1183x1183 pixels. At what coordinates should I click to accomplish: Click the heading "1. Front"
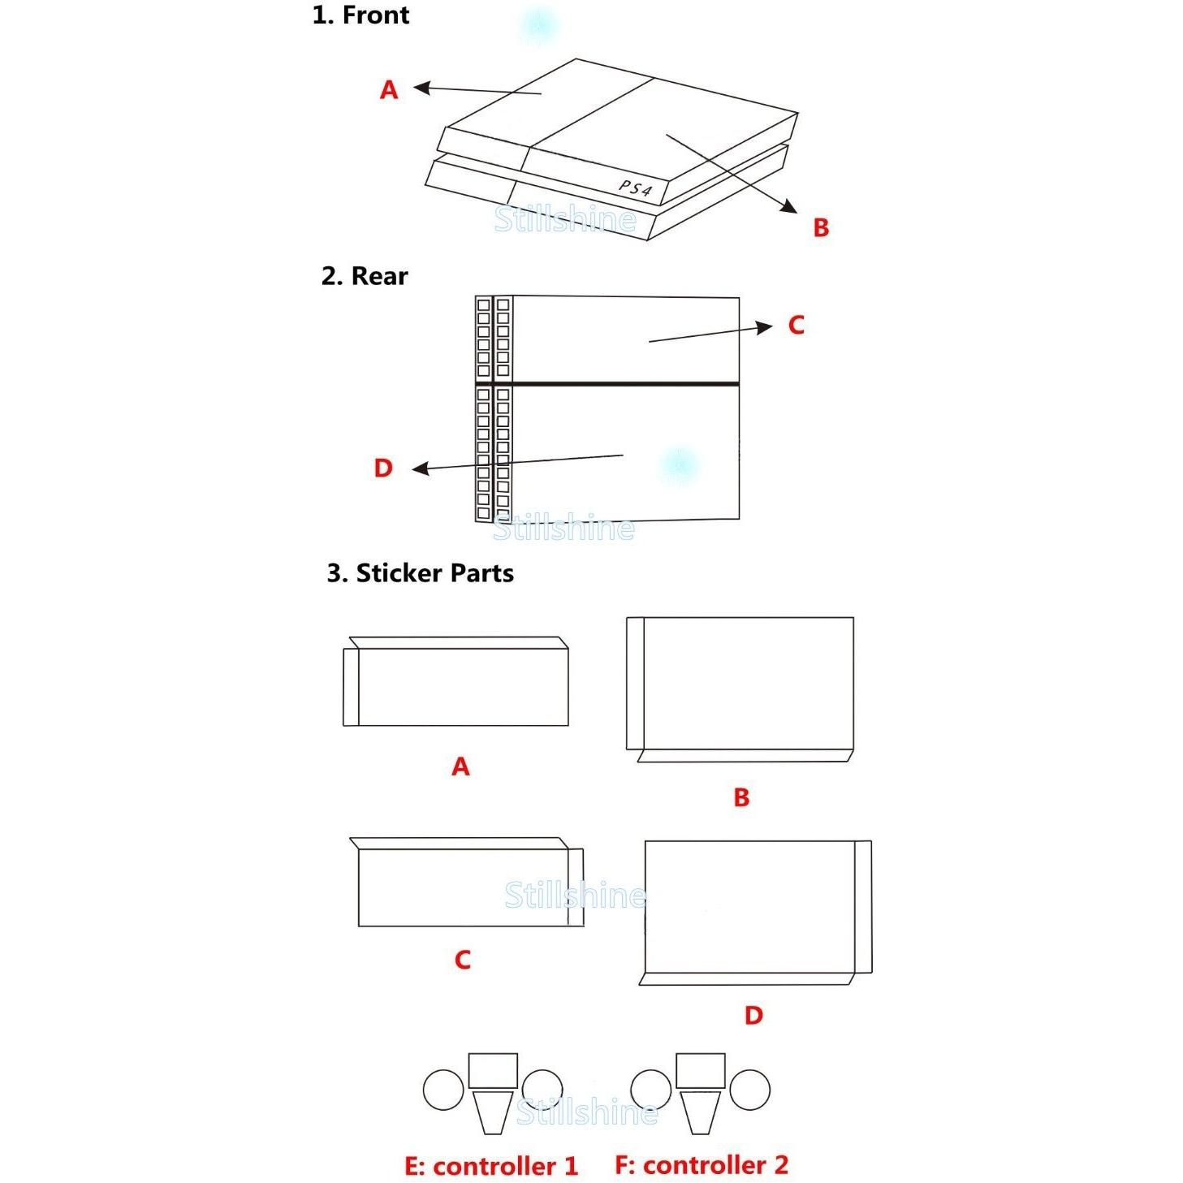(361, 15)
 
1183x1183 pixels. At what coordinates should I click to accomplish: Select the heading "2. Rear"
(364, 276)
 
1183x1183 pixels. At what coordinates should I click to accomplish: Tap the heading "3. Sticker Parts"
(420, 572)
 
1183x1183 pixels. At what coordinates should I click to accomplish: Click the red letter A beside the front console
(389, 90)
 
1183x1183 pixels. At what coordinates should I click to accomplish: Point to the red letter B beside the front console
(821, 227)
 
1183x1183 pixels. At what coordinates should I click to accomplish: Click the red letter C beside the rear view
(796, 325)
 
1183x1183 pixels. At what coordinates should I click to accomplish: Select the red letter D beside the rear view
(383, 468)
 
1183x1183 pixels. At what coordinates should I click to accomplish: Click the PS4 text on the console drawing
(635, 188)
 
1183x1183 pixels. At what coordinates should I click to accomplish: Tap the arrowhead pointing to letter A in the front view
(421, 88)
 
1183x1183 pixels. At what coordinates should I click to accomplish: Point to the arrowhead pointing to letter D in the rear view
(420, 469)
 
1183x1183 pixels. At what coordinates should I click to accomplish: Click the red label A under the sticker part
(460, 766)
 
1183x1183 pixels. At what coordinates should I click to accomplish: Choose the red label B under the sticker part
(741, 797)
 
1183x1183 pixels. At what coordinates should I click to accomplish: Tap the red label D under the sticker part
(753, 1016)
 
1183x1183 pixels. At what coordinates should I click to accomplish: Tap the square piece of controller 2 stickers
(700, 1070)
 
